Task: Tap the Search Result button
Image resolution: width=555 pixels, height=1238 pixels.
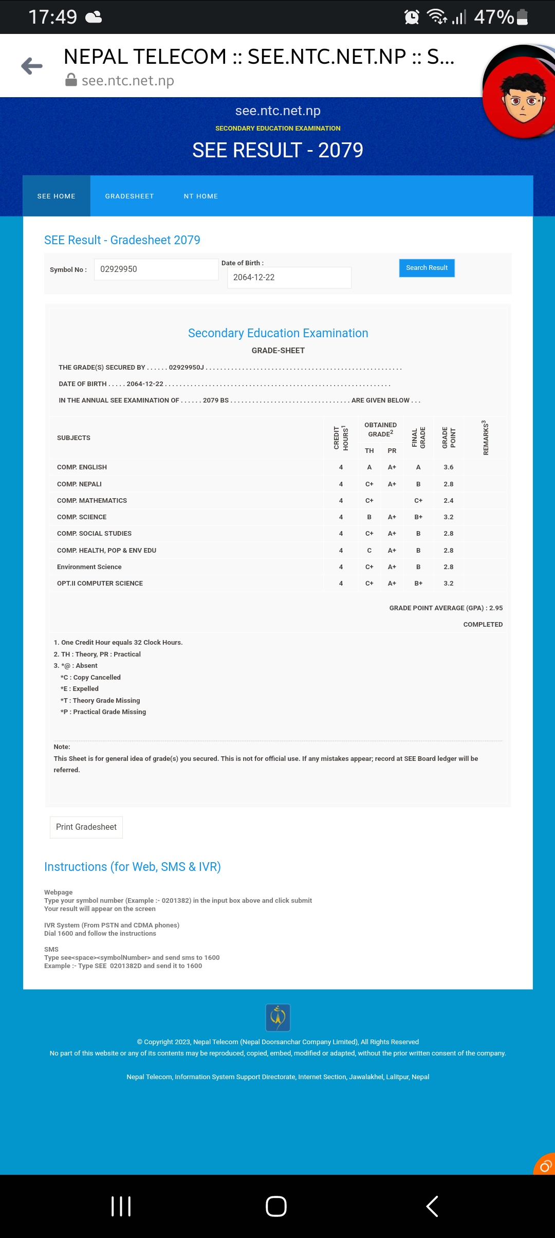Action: (427, 268)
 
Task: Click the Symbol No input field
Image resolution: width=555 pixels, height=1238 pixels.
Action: (156, 269)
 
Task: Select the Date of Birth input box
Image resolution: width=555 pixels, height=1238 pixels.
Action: (289, 278)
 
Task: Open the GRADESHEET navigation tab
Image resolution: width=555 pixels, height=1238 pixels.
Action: (129, 196)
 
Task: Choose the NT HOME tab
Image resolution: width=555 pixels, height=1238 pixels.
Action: (201, 196)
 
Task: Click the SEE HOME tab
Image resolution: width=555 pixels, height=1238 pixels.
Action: (57, 196)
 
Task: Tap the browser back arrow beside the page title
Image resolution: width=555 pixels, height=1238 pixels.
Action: (32, 66)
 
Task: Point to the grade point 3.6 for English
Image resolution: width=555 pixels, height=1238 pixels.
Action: (449, 467)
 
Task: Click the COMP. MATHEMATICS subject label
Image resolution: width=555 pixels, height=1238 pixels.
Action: (92, 501)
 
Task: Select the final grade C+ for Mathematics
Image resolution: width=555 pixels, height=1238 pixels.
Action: (418, 501)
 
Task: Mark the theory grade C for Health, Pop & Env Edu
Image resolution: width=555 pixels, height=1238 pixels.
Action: (369, 551)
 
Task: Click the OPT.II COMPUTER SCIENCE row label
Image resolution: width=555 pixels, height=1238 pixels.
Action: (100, 584)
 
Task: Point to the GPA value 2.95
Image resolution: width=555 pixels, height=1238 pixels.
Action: (496, 608)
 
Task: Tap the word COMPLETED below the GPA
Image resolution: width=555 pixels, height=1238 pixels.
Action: (483, 625)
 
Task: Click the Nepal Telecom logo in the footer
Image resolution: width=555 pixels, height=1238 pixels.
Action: (278, 1017)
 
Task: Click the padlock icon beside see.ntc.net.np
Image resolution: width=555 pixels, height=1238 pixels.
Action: (71, 80)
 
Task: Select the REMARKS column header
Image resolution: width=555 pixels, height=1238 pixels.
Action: (486, 438)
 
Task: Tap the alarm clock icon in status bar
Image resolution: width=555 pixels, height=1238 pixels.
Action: (412, 17)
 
